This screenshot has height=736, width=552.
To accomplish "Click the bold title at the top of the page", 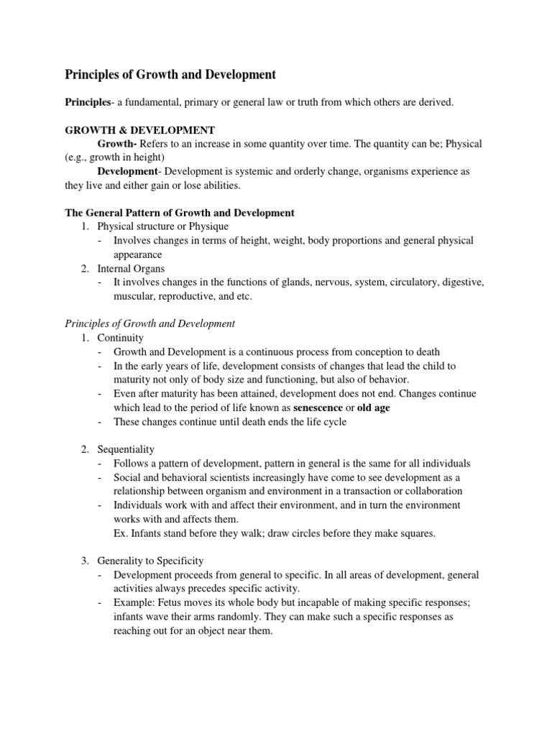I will [170, 74].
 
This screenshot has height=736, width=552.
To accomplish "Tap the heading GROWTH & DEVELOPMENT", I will [139, 130].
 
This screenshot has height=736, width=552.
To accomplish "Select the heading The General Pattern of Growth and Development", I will [180, 213].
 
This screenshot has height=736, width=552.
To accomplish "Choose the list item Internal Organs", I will [131, 268].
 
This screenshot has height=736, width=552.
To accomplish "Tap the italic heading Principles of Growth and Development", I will [150, 323].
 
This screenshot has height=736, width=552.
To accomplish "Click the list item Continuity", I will [121, 338].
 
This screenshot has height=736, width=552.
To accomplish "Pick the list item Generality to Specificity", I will [151, 560].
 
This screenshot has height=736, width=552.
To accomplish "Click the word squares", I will [414, 533].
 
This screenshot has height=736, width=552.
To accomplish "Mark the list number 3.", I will [85, 560].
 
